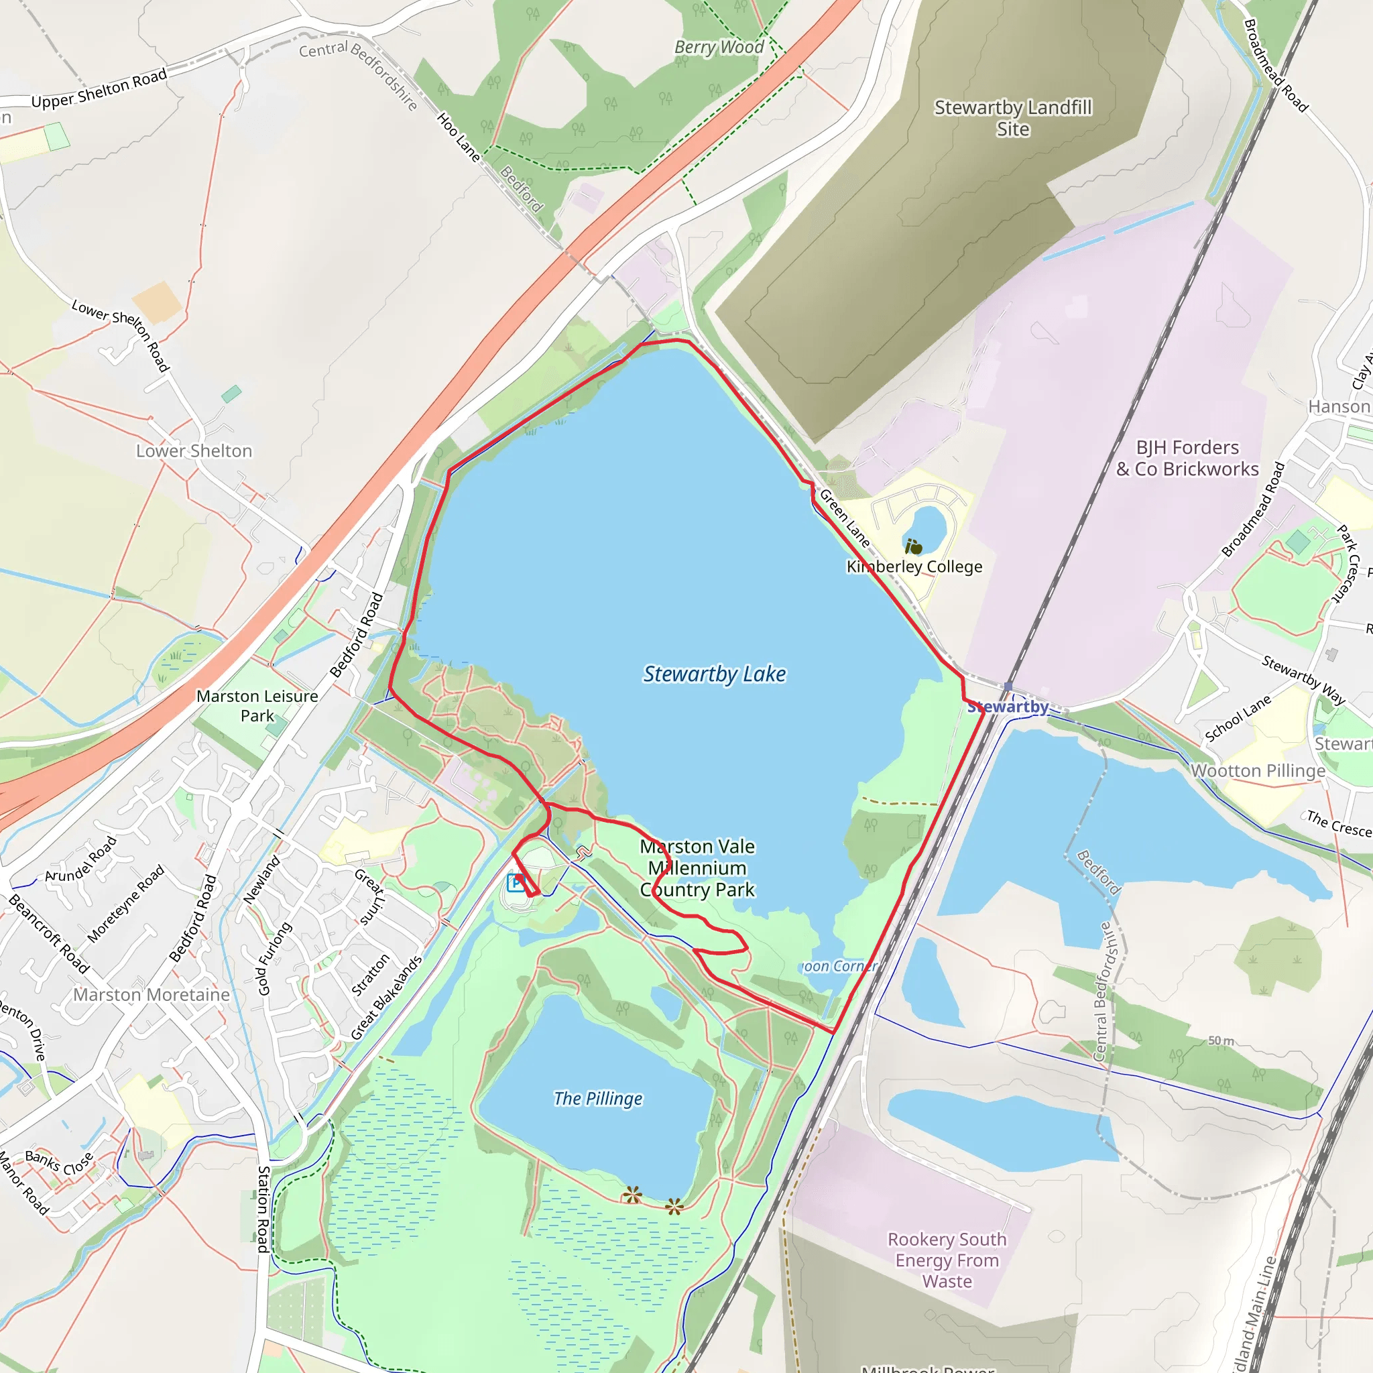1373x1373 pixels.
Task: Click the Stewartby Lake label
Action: tap(714, 674)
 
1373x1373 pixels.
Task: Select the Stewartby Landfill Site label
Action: tap(1013, 118)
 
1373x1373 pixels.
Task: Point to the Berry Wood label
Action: tap(719, 47)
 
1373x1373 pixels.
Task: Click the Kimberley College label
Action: tap(914, 566)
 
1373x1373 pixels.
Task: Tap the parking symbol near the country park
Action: tap(517, 883)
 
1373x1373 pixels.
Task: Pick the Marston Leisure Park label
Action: tap(257, 706)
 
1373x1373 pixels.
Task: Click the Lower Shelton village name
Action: tap(194, 451)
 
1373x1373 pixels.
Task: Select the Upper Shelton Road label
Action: tap(99, 89)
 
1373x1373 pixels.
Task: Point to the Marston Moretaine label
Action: tap(152, 994)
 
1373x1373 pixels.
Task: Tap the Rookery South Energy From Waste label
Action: tap(947, 1260)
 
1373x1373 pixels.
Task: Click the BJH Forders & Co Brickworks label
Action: tap(1187, 459)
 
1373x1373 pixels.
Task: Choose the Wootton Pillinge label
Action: tap(1258, 770)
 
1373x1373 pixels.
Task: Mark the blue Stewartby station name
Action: tap(1008, 707)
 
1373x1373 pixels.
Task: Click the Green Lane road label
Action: tap(845, 518)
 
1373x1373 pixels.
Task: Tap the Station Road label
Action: tap(263, 1209)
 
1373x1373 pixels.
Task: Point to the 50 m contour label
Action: tap(1221, 1040)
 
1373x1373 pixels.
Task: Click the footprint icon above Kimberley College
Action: tap(913, 546)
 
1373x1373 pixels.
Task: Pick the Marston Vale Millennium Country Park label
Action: tap(697, 868)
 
